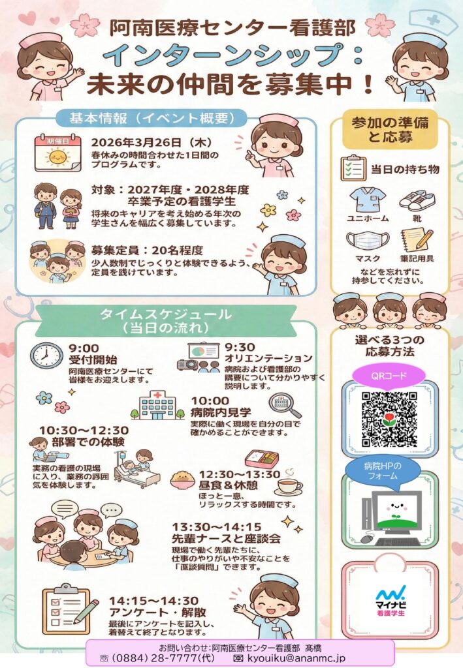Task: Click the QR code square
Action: (389, 419)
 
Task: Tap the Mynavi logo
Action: (391, 601)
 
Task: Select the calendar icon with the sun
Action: (58, 153)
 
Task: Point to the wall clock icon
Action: (46, 355)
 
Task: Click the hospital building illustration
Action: (157, 405)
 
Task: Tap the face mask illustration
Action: (368, 241)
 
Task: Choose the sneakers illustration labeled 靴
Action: (417, 201)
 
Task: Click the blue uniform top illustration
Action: (368, 200)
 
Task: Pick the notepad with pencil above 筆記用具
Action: (417, 240)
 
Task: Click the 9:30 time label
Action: (240, 347)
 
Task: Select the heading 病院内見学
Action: (221, 412)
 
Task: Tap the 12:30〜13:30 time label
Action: (240, 474)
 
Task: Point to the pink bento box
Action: (262, 459)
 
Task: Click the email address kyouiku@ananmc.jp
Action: (295, 658)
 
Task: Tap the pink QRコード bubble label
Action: (389, 376)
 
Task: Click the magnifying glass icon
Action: (284, 405)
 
